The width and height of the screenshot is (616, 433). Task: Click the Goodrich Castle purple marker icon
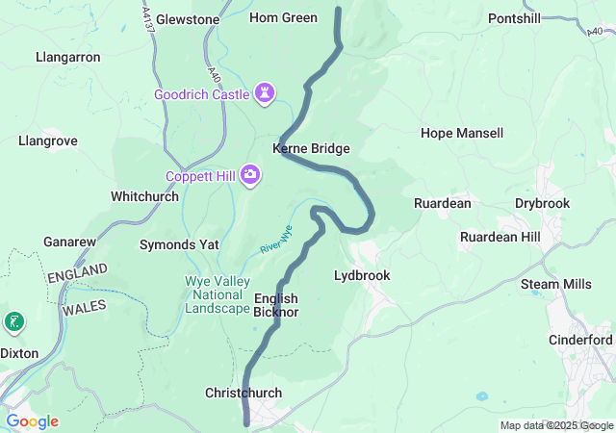click(x=265, y=93)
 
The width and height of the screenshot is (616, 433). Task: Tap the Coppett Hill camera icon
click(x=249, y=174)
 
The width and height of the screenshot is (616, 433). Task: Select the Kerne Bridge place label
click(x=311, y=149)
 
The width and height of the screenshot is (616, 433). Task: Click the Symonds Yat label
click(x=179, y=244)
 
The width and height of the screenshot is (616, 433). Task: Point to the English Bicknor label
click(x=276, y=305)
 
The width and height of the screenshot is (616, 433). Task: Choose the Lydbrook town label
click(x=361, y=275)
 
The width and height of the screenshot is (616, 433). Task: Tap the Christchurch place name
click(x=243, y=393)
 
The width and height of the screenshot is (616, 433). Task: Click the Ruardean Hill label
click(x=500, y=237)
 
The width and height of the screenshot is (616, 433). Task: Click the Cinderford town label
click(x=580, y=340)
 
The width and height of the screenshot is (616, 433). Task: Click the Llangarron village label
click(x=67, y=57)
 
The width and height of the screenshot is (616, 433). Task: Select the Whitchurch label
click(x=144, y=195)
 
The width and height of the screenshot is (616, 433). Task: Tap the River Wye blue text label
click(x=275, y=240)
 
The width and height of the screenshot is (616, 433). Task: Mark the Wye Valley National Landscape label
click(x=217, y=294)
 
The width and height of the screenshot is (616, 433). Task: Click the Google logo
click(x=32, y=421)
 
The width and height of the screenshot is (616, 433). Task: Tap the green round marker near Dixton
click(x=14, y=321)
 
